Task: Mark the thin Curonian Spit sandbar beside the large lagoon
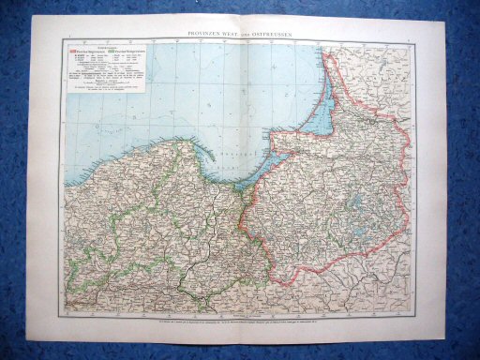click(321, 89)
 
